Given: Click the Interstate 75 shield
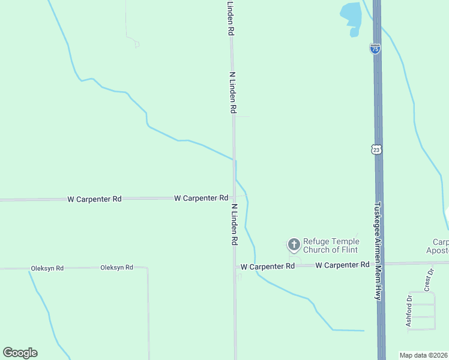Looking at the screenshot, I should point(375,49).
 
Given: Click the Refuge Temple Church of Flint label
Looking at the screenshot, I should point(330,245).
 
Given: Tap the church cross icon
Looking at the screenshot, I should point(294,244).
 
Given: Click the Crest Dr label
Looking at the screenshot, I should point(429,281).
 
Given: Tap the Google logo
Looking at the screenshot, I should point(20,353).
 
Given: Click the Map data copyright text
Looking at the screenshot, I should point(424,355).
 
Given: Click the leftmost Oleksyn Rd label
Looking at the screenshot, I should point(47,268).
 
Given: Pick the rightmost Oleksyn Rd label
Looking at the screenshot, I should point(116,268).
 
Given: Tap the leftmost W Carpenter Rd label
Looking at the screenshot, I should point(94,198).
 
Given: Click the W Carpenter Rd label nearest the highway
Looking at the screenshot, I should point(342,265).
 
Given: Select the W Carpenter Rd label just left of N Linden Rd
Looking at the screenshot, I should point(201,197).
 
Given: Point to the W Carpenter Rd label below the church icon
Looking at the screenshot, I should point(267,266).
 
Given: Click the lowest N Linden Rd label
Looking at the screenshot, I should point(235,224).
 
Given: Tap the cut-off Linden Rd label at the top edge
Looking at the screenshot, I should point(230,18).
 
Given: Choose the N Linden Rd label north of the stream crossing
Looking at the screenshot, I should point(233,93).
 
